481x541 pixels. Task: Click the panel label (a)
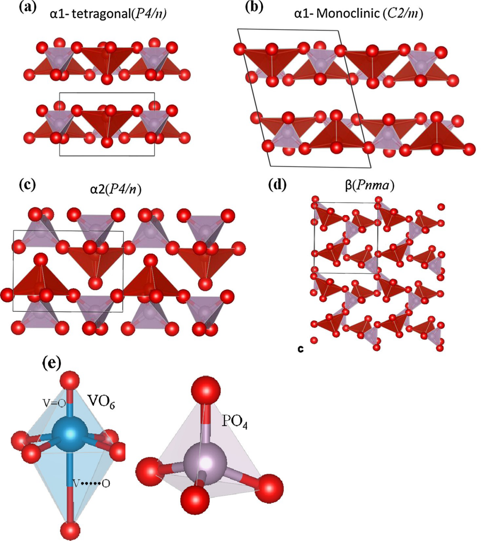click(x=27, y=7)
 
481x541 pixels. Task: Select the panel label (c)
click(x=27, y=185)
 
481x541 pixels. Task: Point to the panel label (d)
click(x=277, y=185)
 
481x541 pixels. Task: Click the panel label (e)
click(x=52, y=363)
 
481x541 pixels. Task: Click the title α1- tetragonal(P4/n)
click(x=108, y=14)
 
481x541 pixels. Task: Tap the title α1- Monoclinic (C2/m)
click(x=358, y=14)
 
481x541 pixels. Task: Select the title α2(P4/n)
click(x=116, y=188)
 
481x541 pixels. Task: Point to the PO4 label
click(x=234, y=422)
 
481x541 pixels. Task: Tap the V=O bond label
click(x=54, y=403)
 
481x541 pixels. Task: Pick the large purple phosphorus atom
click(x=205, y=462)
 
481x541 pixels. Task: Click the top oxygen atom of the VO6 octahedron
click(x=70, y=381)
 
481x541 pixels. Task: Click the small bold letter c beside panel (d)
click(x=301, y=349)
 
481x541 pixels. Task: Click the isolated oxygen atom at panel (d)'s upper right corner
click(x=441, y=207)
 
